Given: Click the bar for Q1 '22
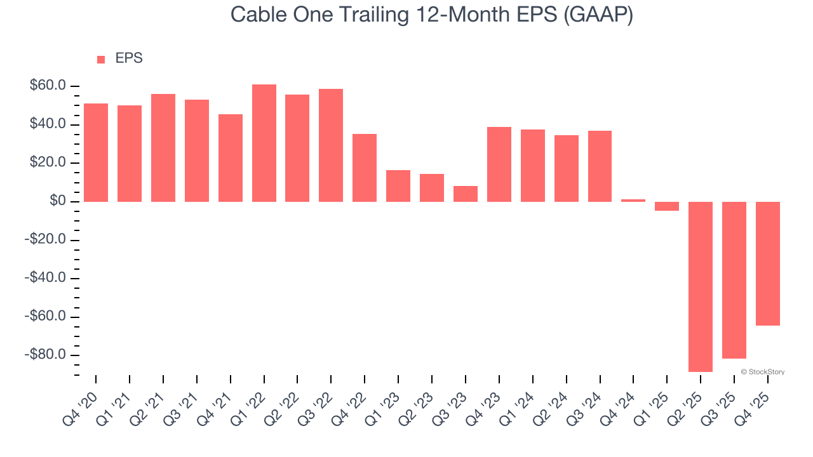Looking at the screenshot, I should [264, 143].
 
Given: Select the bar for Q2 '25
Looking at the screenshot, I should [701, 286].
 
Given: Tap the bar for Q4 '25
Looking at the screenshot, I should [768, 263].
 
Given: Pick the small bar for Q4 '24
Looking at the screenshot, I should [633, 201].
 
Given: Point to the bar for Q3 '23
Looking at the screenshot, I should [466, 194].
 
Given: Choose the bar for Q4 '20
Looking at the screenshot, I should [96, 152].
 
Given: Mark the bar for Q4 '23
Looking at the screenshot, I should [499, 164].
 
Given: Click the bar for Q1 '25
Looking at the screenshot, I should [667, 206].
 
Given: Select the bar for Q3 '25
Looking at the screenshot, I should [734, 280].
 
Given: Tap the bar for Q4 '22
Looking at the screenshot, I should [365, 168].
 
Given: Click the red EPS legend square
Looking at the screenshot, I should [101, 60].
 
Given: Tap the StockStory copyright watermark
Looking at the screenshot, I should [762, 372].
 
